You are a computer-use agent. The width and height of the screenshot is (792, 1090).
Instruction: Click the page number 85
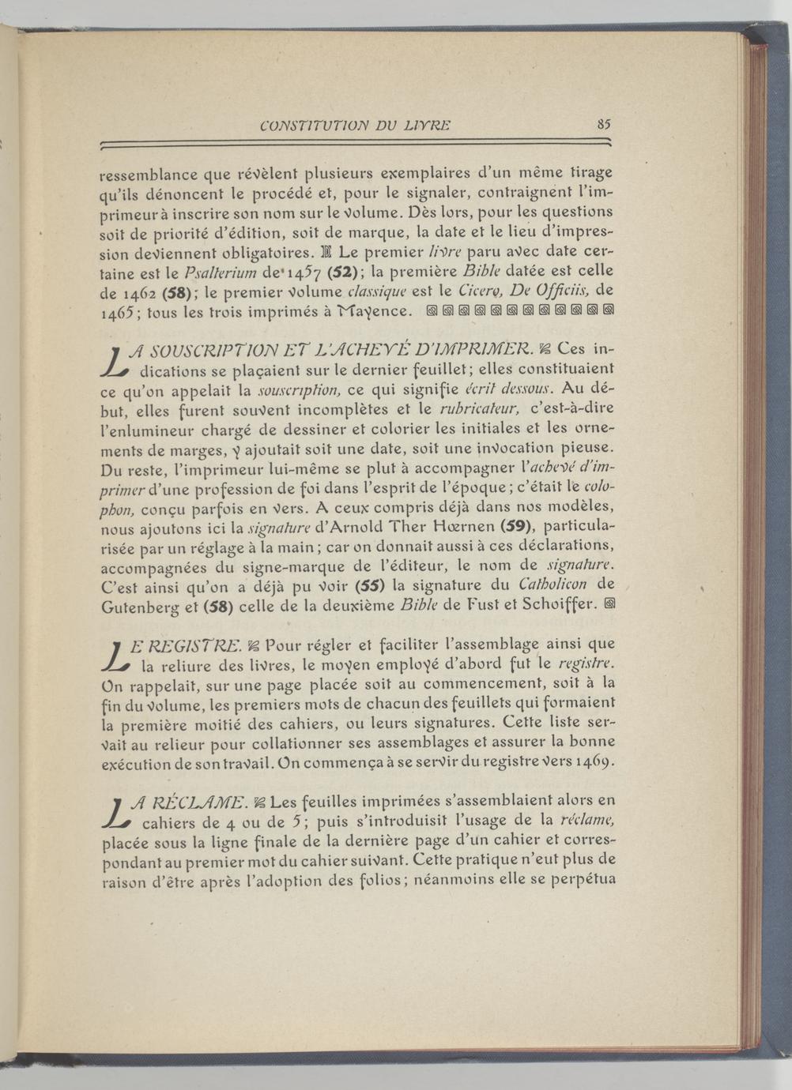pos(604,124)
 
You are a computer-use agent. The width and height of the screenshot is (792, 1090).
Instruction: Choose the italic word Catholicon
pos(554,584)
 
